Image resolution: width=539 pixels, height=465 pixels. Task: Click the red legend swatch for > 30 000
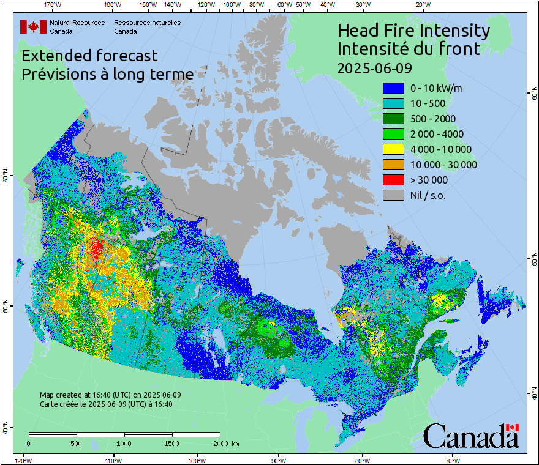pyautogui.click(x=393, y=180)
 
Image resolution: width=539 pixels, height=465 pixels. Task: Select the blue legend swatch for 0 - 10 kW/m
pyautogui.click(x=393, y=88)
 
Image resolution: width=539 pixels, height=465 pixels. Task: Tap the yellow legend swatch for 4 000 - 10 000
pyautogui.click(x=393, y=149)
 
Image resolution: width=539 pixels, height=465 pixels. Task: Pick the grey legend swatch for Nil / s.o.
pyautogui.click(x=393, y=195)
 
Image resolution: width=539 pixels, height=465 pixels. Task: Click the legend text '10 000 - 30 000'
pyautogui.click(x=443, y=165)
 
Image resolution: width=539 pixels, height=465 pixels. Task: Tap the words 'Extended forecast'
pyautogui.click(x=89, y=56)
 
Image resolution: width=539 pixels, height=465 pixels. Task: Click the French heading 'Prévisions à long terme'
pyautogui.click(x=107, y=74)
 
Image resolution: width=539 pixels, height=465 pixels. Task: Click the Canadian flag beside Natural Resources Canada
pyautogui.click(x=33, y=26)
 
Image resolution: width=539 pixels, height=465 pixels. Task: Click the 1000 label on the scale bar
pyautogui.click(x=124, y=443)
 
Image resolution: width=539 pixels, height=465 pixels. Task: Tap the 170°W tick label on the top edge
pyautogui.click(x=53, y=4)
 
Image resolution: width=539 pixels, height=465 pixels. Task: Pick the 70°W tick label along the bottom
pyautogui.click(x=453, y=460)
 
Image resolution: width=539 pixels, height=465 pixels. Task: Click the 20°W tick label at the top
pyautogui.click(x=421, y=4)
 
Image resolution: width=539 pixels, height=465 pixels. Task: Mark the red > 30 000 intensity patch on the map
pyautogui.click(x=95, y=247)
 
